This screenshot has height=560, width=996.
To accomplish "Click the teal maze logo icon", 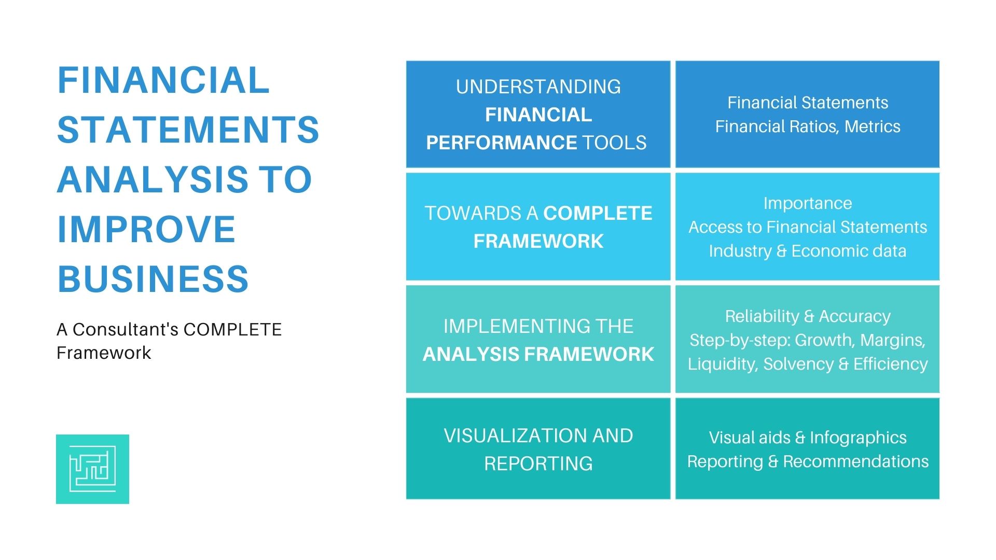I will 92,469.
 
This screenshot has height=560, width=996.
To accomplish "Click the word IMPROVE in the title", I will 146,229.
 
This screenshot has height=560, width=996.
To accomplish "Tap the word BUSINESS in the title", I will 153,279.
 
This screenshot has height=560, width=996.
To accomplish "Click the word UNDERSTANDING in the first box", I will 538,87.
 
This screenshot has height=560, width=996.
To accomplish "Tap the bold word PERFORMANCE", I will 501,143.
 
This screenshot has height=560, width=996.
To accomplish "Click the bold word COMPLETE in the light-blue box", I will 598,213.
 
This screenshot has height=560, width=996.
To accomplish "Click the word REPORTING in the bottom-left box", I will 538,464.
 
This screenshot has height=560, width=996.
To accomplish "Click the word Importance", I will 807,203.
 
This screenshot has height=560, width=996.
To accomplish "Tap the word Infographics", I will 858,438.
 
